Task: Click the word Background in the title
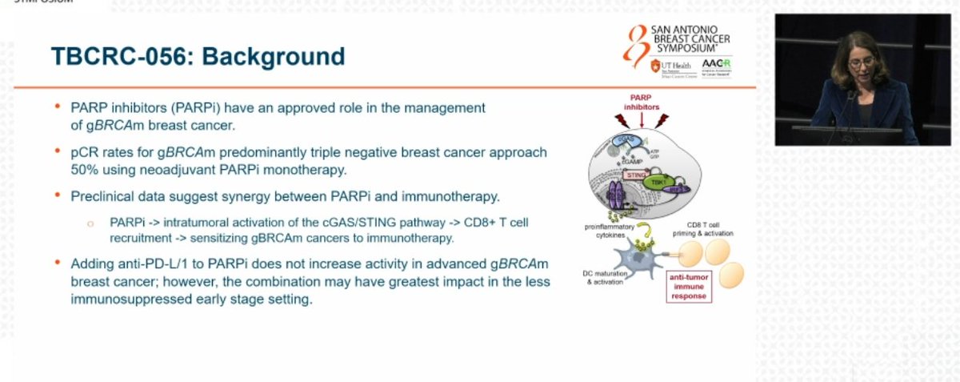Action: pos(285,56)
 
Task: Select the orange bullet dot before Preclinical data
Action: pos(58,195)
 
